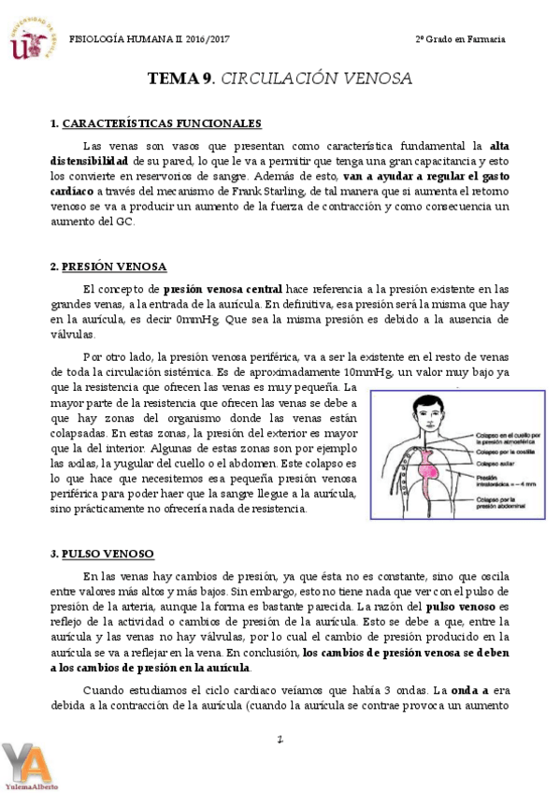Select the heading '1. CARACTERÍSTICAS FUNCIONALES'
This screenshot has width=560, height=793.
pyautogui.click(x=155, y=123)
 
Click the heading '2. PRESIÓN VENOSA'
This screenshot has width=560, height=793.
pyautogui.click(x=108, y=267)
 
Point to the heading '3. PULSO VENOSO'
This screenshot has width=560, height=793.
pyautogui.click(x=103, y=554)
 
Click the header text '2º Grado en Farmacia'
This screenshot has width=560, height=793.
pyautogui.click(x=460, y=39)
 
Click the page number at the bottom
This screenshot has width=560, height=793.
pyautogui.click(x=280, y=740)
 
